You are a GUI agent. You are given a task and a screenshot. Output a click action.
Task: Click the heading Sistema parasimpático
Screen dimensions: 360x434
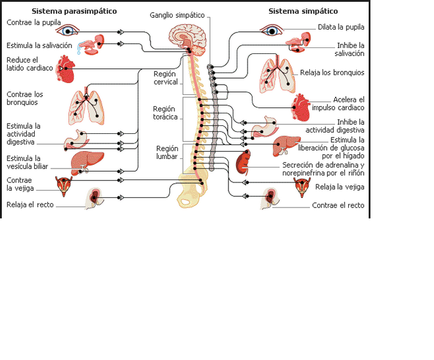point(74,11)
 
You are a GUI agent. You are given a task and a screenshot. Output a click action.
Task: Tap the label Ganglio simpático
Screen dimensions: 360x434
point(177,15)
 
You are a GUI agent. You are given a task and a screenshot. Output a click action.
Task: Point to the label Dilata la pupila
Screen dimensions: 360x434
point(341,27)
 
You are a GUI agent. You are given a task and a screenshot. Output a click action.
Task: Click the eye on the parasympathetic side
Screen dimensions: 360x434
point(70,30)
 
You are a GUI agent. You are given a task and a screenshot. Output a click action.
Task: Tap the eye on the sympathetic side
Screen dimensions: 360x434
point(271,30)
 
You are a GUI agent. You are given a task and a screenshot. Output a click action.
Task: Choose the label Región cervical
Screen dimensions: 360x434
point(165,78)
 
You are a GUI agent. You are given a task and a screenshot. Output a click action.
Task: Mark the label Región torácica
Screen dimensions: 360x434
point(165,113)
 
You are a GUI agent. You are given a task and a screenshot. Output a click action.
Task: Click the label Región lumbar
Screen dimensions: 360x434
point(167,152)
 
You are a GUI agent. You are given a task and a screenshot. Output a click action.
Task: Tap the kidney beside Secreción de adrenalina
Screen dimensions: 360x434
point(243,163)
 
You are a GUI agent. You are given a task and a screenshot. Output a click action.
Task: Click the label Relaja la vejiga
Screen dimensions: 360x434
point(339,187)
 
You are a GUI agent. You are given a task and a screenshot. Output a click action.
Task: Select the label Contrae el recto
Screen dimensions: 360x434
point(338,205)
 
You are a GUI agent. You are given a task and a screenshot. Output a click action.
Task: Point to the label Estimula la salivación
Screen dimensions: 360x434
point(40,45)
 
